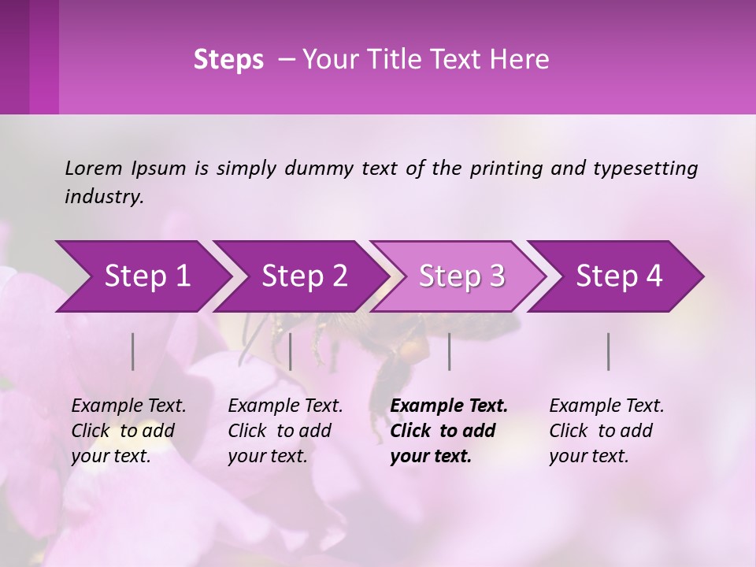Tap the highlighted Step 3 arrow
tap(461, 276)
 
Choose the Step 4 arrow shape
tap(619, 276)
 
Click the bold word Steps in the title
tap(228, 60)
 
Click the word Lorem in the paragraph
tap(94, 168)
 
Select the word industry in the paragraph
tap(103, 197)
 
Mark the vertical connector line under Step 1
tap(133, 351)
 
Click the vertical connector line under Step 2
tap(291, 351)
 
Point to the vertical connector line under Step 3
tap(450, 351)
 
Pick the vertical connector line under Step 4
tap(609, 351)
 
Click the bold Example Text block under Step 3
tap(448, 431)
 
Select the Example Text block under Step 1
tap(128, 431)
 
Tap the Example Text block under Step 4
tap(606, 431)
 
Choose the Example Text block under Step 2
tap(285, 431)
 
